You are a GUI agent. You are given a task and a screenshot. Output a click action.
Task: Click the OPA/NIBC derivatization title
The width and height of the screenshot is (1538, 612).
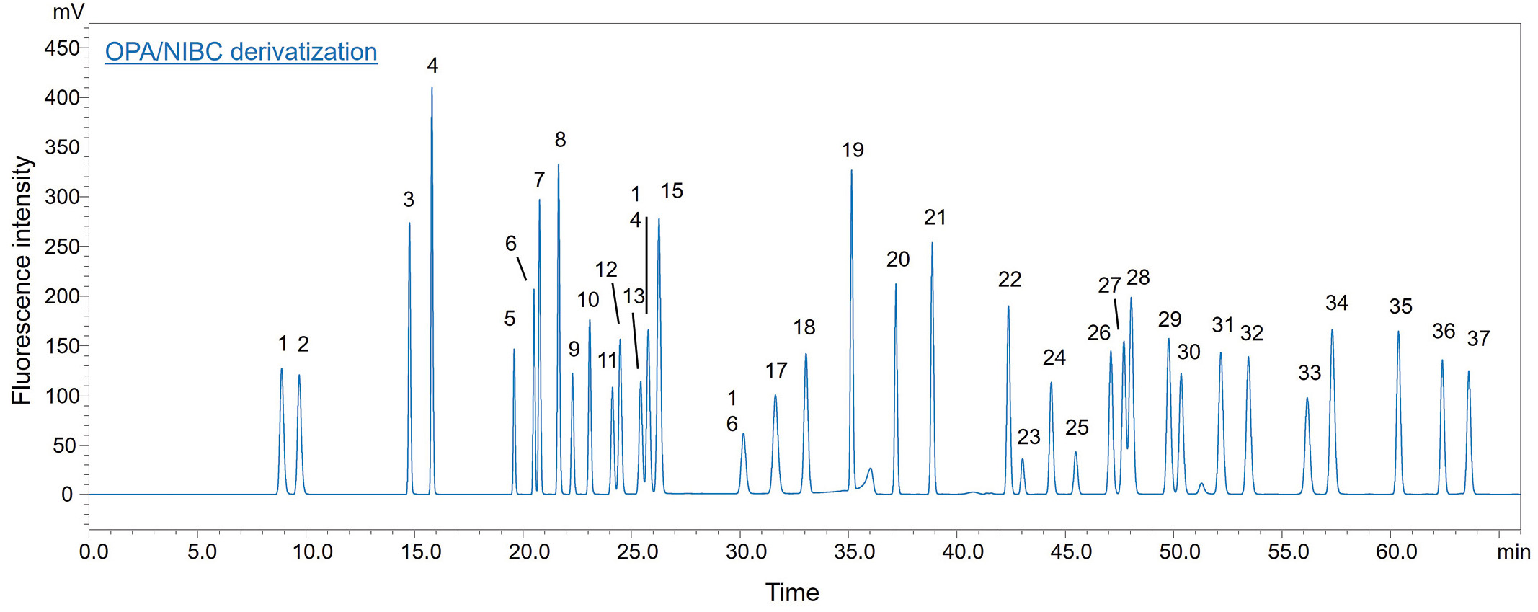[241, 52]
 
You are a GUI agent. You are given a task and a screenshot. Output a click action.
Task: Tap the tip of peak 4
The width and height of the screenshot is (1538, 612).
[432, 88]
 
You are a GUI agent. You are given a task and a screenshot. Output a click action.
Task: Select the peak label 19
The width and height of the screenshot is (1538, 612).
[853, 150]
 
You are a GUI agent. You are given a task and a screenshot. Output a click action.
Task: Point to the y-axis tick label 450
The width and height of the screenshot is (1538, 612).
[62, 48]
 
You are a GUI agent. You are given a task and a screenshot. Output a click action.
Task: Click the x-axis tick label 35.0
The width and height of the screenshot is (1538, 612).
[854, 552]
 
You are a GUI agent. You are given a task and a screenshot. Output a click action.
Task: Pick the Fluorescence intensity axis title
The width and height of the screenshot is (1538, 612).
[22, 280]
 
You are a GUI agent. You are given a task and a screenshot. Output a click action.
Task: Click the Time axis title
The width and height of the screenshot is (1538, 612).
[792, 593]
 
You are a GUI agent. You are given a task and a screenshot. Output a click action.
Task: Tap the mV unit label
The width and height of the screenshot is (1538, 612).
[68, 12]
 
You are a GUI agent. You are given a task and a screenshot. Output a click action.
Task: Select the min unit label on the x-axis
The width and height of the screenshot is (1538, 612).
[1513, 552]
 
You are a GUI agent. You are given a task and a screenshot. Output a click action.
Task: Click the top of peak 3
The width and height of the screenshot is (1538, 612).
[409, 223]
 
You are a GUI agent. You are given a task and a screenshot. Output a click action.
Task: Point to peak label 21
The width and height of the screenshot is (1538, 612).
[935, 217]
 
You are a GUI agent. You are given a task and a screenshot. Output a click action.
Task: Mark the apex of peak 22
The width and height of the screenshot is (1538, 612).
[1008, 307]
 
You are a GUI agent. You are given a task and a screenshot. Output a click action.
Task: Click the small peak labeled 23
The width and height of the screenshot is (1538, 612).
[1022, 460]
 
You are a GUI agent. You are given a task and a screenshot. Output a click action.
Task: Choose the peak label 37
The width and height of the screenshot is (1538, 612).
[1478, 338]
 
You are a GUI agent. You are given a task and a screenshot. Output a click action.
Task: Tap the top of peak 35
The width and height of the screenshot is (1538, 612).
[1398, 332]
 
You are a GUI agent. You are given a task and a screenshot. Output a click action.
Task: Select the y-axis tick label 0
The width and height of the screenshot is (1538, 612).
[67, 495]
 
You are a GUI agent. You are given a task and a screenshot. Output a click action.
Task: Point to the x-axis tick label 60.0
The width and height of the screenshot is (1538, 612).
[1397, 552]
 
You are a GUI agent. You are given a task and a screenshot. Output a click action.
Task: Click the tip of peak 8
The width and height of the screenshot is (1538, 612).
[559, 165]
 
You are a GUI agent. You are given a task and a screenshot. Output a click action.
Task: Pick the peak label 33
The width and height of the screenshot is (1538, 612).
[1310, 373]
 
